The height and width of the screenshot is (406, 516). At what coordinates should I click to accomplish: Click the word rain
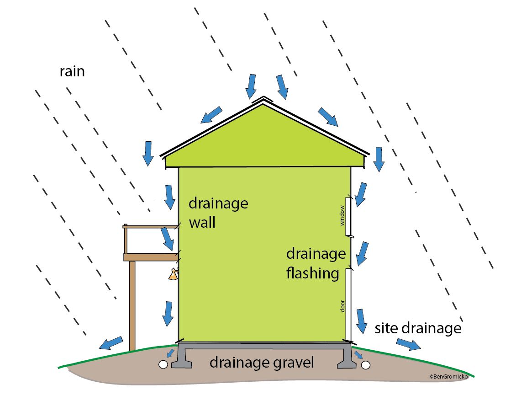pos(72,72)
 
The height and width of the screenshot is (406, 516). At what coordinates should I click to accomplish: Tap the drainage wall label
pos(218,213)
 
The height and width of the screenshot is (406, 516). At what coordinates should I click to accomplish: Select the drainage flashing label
pos(315,263)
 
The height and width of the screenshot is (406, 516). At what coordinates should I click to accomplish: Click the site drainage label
pos(418,328)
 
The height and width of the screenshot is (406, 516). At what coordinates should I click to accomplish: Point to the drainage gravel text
pos(262,363)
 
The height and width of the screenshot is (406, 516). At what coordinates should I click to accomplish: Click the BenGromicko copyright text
pos(448,376)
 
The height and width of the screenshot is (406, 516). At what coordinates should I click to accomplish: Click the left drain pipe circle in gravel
pos(163,364)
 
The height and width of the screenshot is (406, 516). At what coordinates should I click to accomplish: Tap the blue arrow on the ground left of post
pos(111,343)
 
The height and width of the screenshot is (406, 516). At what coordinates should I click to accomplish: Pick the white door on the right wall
pos(348,304)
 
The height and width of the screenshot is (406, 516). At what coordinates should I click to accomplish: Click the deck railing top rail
pos(150,226)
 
